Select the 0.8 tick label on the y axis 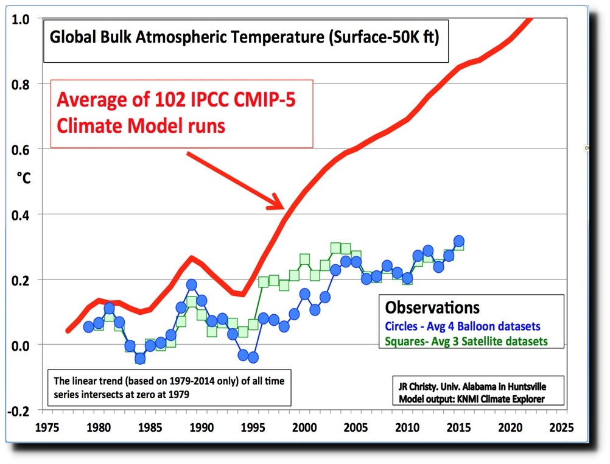pyautogui.click(x=20, y=83)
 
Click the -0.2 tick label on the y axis pyautogui.click(x=18, y=410)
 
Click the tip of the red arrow pyautogui.click(x=282, y=208)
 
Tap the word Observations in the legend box pyautogui.click(x=433, y=308)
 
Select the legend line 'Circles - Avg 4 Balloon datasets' pyautogui.click(x=463, y=326)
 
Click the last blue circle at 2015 pyautogui.click(x=459, y=241)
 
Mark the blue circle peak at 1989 pyautogui.click(x=191, y=284)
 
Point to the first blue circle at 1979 pyautogui.click(x=88, y=327)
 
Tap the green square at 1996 pyautogui.click(x=264, y=281)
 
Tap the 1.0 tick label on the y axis pyautogui.click(x=20, y=19)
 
